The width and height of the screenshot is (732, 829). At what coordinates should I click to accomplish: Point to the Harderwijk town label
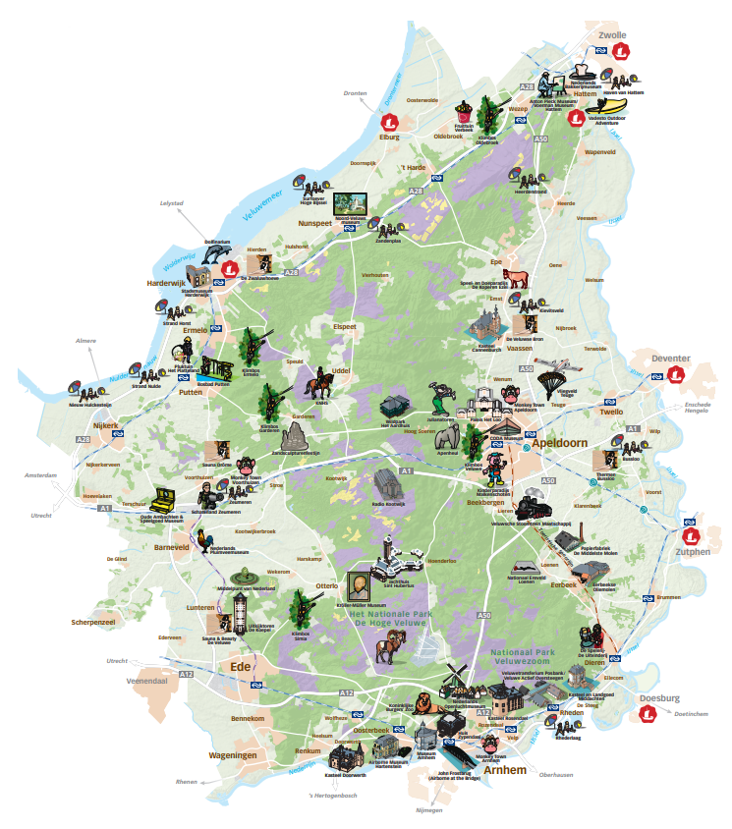pos(166,283)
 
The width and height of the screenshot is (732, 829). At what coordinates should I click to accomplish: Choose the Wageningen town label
pos(233,754)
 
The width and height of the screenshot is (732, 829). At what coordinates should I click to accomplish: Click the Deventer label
pos(670,359)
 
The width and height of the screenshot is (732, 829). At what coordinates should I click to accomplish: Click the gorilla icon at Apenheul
pos(449,434)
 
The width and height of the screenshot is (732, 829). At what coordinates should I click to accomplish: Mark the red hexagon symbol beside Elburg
pos(391,123)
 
